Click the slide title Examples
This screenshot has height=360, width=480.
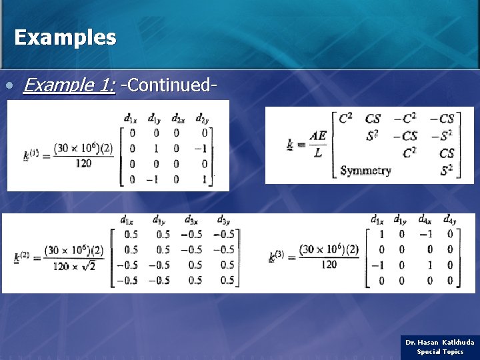[65, 37]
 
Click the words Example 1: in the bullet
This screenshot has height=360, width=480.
[69, 85]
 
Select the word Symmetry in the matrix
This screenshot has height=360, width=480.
[365, 171]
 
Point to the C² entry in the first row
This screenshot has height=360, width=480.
[346, 119]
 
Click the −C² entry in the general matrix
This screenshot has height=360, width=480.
[409, 119]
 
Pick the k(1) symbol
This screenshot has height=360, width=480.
[30, 155]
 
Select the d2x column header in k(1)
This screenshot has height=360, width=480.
[178, 119]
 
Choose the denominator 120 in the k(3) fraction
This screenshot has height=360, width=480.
[329, 264]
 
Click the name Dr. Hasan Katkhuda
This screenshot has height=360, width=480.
[440, 342]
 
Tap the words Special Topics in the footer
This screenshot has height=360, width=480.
[440, 351]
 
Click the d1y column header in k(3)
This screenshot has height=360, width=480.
[400, 219]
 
